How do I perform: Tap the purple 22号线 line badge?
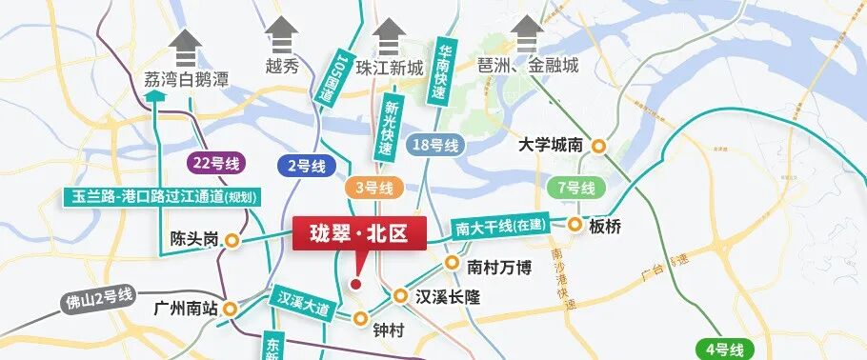(213, 162)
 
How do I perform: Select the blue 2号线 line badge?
(306, 166)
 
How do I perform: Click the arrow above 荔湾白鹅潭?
(188, 43)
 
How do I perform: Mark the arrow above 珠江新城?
(389, 37)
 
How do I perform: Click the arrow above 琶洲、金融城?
(526, 35)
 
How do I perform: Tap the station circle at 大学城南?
(599, 146)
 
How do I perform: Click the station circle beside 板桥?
(575, 226)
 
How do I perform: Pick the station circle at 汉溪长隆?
(400, 297)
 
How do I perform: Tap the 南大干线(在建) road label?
(499, 227)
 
